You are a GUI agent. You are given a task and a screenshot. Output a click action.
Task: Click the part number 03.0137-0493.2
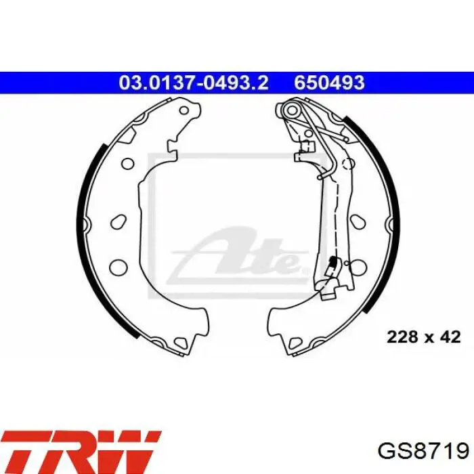(194, 82)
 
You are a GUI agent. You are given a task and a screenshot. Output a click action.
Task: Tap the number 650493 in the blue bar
(330, 82)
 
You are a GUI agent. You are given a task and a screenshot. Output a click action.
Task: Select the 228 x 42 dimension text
(423, 337)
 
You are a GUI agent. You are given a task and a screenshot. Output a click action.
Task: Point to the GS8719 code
(423, 452)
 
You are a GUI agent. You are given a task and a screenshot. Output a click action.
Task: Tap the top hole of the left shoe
(184, 110)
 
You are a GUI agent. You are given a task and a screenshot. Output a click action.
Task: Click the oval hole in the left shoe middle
(118, 222)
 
